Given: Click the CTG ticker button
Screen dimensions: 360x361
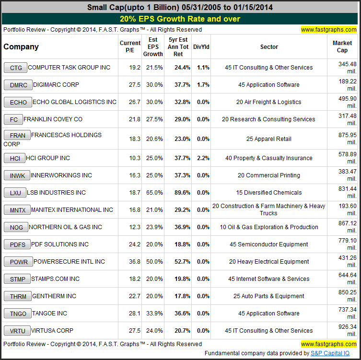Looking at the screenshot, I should point(15,68).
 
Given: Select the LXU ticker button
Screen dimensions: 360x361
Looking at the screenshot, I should point(15,193).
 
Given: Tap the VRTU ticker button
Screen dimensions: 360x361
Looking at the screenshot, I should point(15,331).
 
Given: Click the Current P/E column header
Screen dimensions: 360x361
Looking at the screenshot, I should point(130,47).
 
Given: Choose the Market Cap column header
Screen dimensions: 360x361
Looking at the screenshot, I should point(342,47).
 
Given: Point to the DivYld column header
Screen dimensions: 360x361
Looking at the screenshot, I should point(201,47).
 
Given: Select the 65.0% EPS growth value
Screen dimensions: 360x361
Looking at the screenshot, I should point(153,193).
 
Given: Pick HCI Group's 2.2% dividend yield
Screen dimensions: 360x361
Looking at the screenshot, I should point(203,158).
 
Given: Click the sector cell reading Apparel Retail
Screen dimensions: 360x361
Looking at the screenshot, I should point(269,139).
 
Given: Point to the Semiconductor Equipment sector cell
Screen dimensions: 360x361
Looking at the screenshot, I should point(269,244).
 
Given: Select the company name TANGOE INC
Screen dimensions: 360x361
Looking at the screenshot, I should point(49,314).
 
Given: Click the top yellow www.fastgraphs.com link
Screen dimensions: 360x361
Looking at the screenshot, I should point(329,30).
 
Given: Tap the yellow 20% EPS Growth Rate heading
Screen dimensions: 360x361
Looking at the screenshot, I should point(180,19).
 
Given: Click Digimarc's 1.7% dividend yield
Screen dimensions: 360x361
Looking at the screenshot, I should point(203,85).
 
